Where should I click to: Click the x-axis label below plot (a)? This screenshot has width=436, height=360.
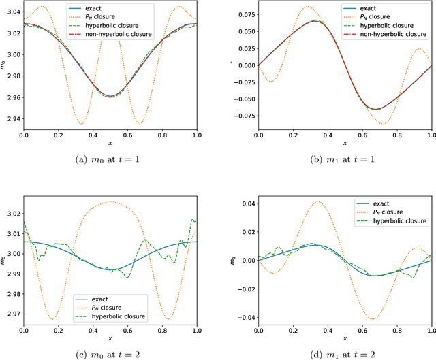tap(110, 143)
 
